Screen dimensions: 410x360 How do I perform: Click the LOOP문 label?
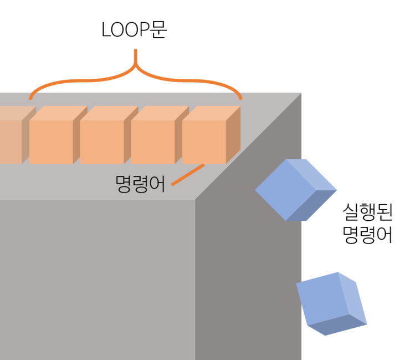click(x=134, y=29)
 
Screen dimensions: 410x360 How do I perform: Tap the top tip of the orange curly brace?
click(x=135, y=50)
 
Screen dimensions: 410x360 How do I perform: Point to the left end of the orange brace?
click(x=30, y=98)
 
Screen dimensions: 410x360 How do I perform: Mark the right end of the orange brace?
click(x=240, y=98)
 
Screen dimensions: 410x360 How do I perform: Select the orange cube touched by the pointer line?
click(x=211, y=135)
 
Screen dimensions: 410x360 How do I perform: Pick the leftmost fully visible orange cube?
click(x=58, y=135)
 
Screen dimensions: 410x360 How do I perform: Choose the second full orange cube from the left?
click(x=109, y=135)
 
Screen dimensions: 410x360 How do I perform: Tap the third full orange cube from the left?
click(x=160, y=135)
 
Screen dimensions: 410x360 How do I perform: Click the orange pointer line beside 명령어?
click(x=188, y=175)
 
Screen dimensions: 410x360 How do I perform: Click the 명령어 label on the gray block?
click(x=140, y=184)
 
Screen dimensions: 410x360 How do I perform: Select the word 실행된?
click(x=367, y=212)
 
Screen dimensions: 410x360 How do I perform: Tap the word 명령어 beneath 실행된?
click(x=367, y=235)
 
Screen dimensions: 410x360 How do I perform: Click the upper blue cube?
click(x=296, y=190)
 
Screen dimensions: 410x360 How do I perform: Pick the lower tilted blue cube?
click(x=331, y=304)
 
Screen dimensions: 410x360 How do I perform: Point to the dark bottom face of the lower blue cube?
click(x=337, y=325)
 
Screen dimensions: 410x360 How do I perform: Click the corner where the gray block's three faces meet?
click(x=195, y=200)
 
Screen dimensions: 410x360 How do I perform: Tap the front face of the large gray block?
click(x=98, y=280)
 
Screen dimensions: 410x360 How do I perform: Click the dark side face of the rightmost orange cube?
click(x=233, y=135)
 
